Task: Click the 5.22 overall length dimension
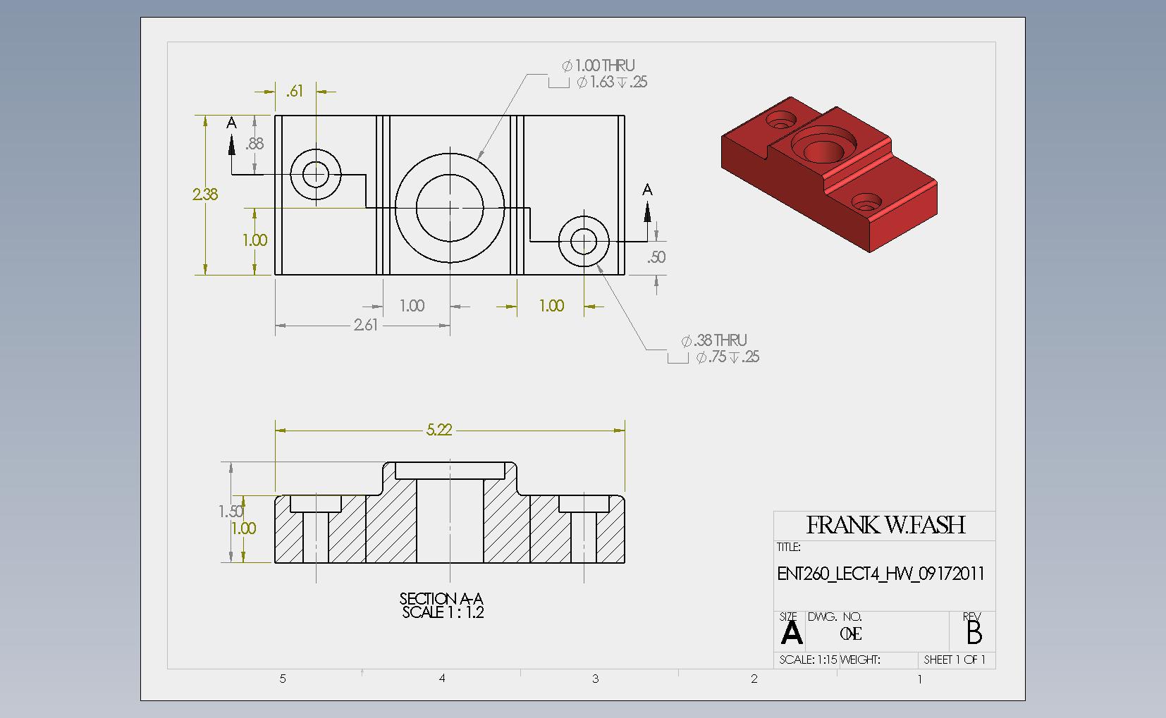coord(438,430)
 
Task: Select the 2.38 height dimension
coord(205,194)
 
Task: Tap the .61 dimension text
coord(295,92)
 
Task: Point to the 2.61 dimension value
coord(366,325)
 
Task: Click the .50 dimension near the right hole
coord(656,257)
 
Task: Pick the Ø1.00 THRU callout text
coord(599,66)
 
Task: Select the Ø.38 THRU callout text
coord(714,341)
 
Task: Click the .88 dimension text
coord(254,144)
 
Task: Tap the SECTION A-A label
coord(441,599)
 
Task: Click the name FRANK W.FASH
coord(885,525)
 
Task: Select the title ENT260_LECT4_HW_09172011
coord(880,574)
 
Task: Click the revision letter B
coord(974,633)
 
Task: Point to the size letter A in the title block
coord(792,633)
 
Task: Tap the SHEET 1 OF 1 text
coord(955,660)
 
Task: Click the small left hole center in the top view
coord(316,173)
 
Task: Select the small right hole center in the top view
coord(584,242)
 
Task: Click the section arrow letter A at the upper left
coord(231,124)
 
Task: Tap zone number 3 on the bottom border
coord(596,679)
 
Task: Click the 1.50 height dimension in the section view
coord(231,512)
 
